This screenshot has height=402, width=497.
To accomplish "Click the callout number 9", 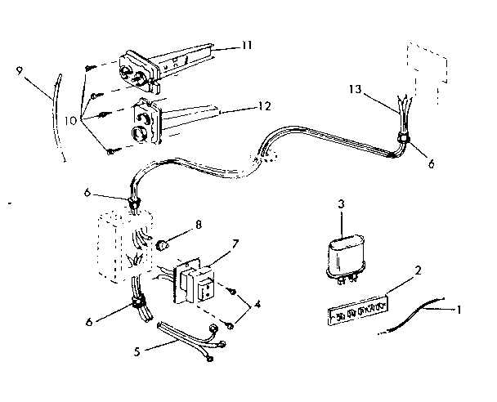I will pyautogui.click(x=18, y=71).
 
